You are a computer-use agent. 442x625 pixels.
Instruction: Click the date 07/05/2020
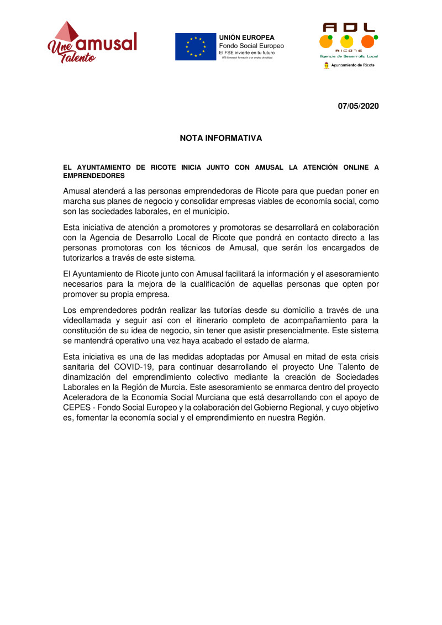point(359,106)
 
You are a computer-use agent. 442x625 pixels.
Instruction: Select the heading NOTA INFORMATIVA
point(220,138)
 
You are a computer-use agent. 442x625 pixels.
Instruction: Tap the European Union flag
point(195,46)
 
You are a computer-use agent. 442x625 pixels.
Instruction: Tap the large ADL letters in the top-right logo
point(349,27)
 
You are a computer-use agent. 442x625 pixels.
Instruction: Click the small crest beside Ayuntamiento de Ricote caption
point(327,65)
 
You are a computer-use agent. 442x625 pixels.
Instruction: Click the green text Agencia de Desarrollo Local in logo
point(349,56)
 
